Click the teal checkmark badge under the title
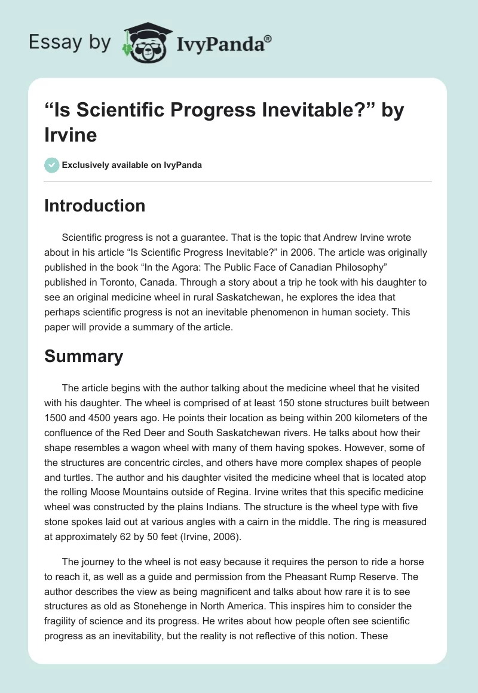(x=52, y=165)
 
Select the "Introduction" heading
(x=95, y=206)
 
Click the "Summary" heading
(x=84, y=356)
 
